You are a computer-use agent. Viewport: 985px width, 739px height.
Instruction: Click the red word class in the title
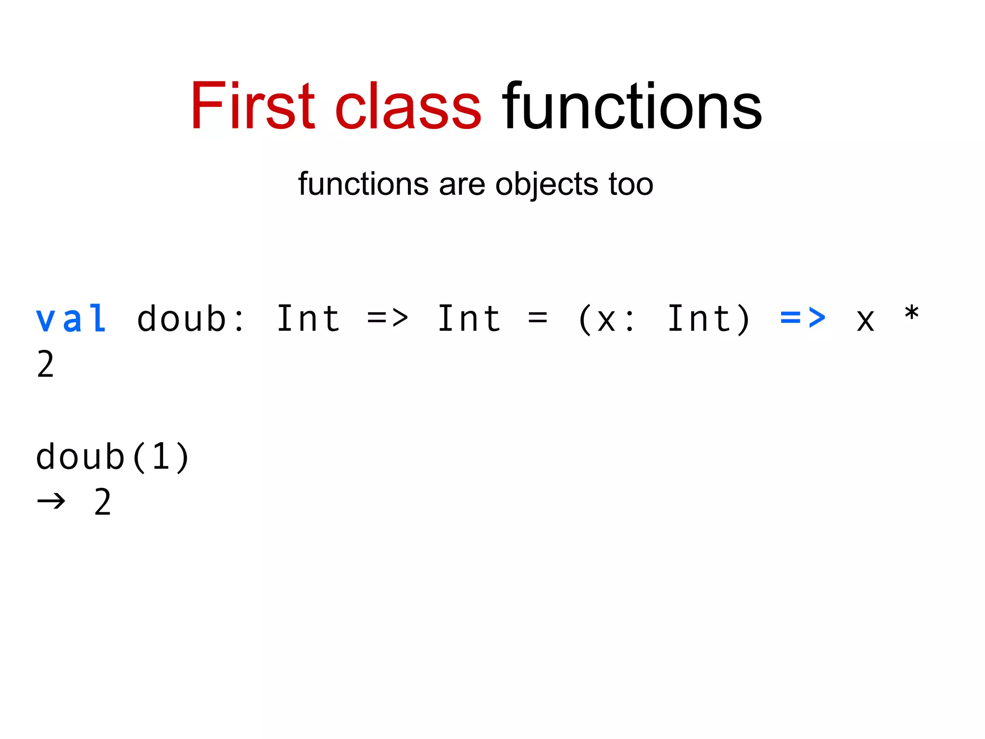coord(408,107)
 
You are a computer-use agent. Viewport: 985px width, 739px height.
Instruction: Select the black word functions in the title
coord(632,107)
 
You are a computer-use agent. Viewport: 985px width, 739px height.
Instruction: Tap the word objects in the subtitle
coord(547,185)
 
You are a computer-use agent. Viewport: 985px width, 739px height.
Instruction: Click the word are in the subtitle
coord(462,185)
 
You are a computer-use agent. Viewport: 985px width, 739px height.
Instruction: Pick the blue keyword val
coord(71,319)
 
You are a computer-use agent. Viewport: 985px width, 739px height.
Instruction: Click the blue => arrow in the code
coord(803,318)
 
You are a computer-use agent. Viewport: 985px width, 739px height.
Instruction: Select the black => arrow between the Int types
coord(388,318)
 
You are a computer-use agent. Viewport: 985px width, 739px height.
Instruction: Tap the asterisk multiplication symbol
coord(911,314)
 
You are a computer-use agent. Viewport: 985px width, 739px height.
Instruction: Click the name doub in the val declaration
coord(181,319)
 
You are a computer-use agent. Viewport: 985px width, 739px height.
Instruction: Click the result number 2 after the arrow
coord(102,502)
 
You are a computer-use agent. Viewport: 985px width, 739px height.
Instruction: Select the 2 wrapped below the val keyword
coord(46,364)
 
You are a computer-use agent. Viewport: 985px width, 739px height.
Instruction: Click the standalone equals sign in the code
coord(538,318)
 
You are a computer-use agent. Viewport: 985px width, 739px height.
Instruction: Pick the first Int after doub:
coord(308,319)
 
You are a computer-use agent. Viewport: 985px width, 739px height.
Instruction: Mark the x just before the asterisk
coord(865,320)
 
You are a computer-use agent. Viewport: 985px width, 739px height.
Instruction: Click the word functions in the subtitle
coord(363,184)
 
